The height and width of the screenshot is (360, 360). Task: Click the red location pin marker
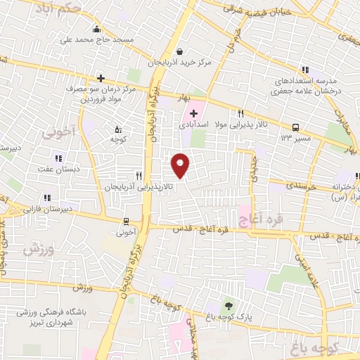pyautogui.click(x=181, y=165)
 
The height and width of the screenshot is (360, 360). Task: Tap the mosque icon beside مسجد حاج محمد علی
pyautogui.click(x=96, y=29)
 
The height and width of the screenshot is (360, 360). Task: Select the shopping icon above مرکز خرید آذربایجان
pyautogui.click(x=180, y=51)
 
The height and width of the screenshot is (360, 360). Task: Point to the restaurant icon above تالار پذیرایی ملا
pyautogui.click(x=240, y=112)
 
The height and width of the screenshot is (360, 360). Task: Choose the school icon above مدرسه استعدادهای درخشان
pyautogui.click(x=304, y=70)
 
